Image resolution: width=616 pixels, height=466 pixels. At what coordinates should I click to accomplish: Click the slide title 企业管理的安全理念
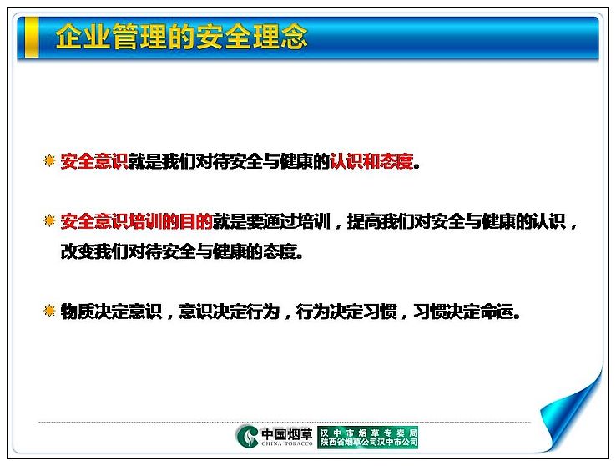(181, 37)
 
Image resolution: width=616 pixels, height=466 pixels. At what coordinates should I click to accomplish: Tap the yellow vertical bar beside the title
(32, 37)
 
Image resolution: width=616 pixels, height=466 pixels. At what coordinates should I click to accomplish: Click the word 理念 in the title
(280, 37)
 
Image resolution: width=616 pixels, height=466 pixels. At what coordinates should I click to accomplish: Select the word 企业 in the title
(83, 37)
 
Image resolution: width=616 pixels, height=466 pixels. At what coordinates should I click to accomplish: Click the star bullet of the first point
(49, 160)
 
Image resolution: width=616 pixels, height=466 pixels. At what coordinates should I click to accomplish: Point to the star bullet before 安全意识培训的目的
(49, 221)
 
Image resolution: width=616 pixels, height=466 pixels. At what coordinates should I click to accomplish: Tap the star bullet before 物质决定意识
(49, 312)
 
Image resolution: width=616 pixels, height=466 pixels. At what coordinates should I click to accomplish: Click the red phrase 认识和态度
(371, 161)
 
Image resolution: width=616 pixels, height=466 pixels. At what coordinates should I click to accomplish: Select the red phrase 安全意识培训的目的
(137, 221)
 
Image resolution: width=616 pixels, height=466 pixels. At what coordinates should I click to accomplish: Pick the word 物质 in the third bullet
(78, 312)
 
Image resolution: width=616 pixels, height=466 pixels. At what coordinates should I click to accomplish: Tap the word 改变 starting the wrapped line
(78, 251)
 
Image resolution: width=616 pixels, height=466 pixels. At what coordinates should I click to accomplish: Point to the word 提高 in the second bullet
(364, 221)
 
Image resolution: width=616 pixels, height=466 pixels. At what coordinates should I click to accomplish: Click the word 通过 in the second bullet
(280, 221)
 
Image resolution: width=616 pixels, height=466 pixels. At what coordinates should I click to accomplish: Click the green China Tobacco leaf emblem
(247, 437)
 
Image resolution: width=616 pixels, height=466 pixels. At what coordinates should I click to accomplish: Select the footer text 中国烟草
(287, 434)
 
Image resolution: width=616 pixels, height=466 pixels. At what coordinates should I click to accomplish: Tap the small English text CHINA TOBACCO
(287, 443)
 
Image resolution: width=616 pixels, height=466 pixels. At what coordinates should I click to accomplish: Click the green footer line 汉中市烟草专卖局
(368, 433)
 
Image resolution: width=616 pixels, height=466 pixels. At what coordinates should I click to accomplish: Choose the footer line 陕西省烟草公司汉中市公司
(368, 443)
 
